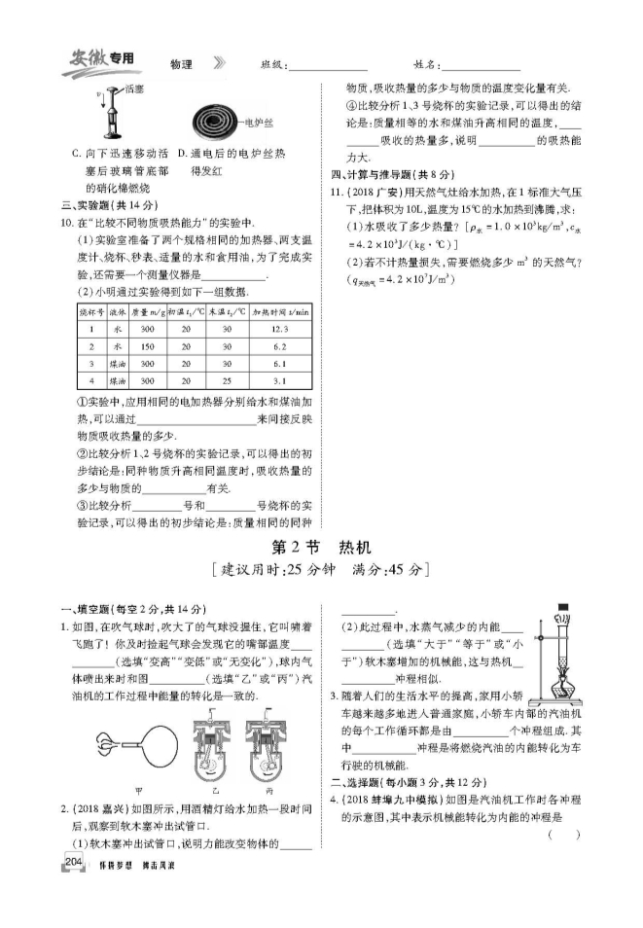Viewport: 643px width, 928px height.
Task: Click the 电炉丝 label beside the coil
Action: point(263,123)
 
